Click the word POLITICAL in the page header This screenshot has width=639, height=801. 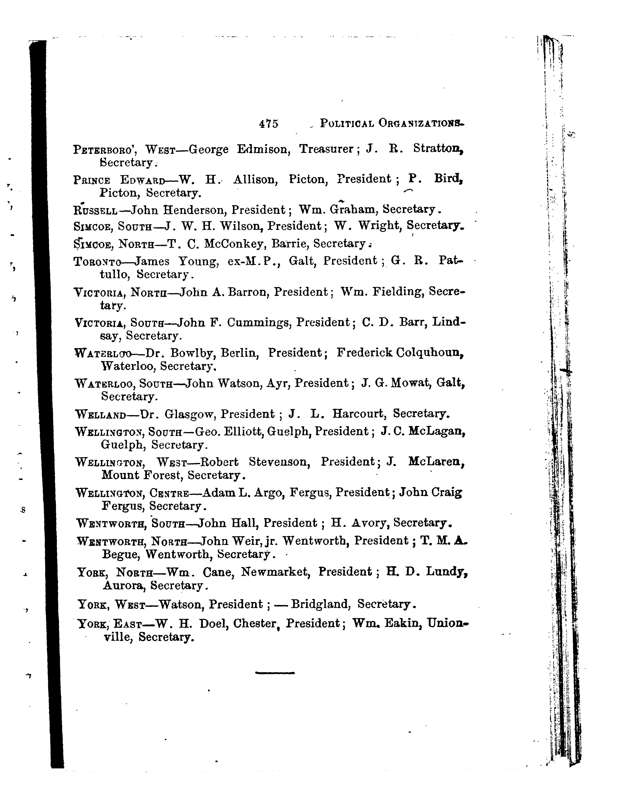(x=347, y=123)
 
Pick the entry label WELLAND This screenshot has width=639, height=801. (x=100, y=414)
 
